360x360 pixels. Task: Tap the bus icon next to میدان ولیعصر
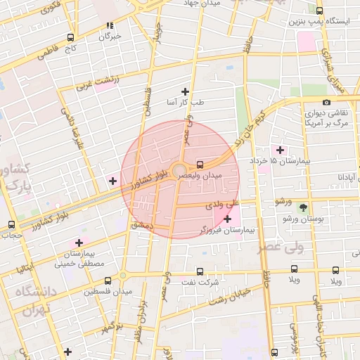201,161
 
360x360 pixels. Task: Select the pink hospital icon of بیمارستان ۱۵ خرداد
281,150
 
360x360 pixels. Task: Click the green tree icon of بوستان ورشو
303,207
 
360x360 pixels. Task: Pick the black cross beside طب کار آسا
186,91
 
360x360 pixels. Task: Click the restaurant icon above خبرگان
110,25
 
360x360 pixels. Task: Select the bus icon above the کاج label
70,37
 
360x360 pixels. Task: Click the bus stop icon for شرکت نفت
199,271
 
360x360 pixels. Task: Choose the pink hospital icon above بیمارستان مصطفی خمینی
78,243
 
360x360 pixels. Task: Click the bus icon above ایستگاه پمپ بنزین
320,11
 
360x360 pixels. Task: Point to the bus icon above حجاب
11,225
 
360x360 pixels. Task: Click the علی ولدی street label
223,206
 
